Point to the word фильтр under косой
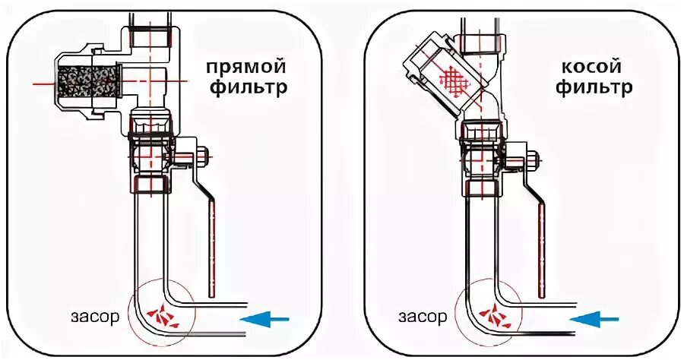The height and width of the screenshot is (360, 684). (x=594, y=89)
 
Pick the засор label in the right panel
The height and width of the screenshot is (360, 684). (x=421, y=317)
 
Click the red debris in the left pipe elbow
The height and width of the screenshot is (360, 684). (x=161, y=313)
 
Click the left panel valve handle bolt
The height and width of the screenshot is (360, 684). (x=201, y=159)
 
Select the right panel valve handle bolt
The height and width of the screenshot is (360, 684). (x=530, y=162)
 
